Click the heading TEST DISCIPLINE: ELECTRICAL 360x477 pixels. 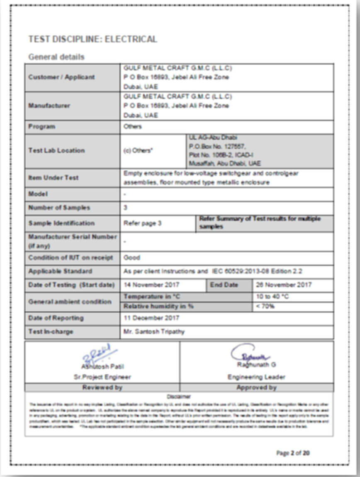pyautogui.click(x=92, y=39)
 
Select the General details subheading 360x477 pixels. pyautogui.click(x=56, y=57)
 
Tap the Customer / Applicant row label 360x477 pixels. pyautogui.click(x=61, y=77)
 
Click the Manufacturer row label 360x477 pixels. pyautogui.click(x=49, y=106)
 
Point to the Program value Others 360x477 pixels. pyautogui.click(x=132, y=127)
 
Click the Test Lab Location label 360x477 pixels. pyautogui.click(x=56, y=151)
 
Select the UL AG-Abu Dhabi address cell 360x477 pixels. pyautogui.click(x=259, y=151)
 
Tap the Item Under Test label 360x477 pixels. pyautogui.click(x=54, y=178)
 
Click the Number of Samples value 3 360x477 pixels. pyautogui.click(x=126, y=207)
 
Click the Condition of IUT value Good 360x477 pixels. pyautogui.click(x=132, y=258)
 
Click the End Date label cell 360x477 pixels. pyautogui.click(x=224, y=285)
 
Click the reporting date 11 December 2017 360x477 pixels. pyautogui.click(x=151, y=318)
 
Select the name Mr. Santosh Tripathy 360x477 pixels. pyautogui.click(x=154, y=331)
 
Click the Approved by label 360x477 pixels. pyautogui.click(x=256, y=387)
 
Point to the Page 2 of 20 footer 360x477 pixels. pyautogui.click(x=293, y=453)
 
